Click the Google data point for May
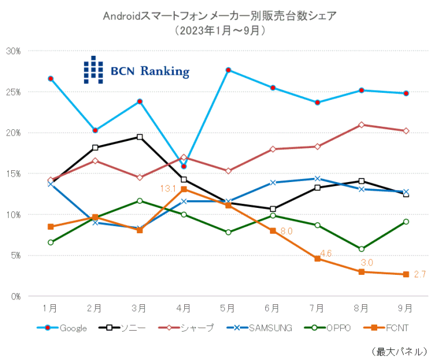pyautogui.click(x=228, y=70)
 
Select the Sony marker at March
pyautogui.click(x=140, y=137)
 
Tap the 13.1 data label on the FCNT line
pyautogui.click(x=169, y=189)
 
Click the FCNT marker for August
pyautogui.click(x=361, y=272)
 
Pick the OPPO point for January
pyautogui.click(x=50, y=242)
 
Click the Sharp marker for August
pyautogui.click(x=361, y=125)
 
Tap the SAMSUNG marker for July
pyautogui.click(x=317, y=179)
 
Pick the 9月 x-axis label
pyautogui.click(x=405, y=308)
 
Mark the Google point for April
pyautogui.click(x=184, y=166)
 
